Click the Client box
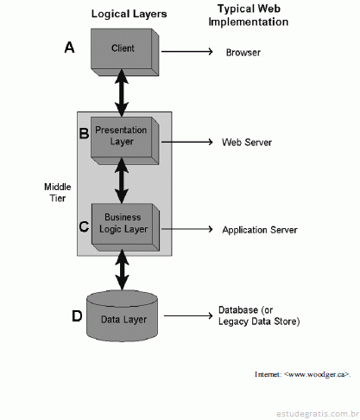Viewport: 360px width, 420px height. [x=125, y=52]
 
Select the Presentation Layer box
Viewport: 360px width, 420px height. [x=125, y=141]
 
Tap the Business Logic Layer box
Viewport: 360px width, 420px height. [x=125, y=227]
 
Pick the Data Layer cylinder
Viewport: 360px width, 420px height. [x=123, y=316]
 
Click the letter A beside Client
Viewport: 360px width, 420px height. [x=69, y=48]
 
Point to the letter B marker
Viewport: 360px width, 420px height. [x=84, y=133]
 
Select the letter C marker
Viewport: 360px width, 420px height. [x=84, y=226]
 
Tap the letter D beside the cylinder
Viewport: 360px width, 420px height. [x=77, y=316]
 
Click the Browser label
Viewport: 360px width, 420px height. [x=243, y=53]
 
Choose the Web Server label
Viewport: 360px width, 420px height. [x=247, y=143]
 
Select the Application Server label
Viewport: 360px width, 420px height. [x=260, y=230]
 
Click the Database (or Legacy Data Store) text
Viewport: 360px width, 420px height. [x=259, y=315]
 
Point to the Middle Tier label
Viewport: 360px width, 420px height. [x=58, y=193]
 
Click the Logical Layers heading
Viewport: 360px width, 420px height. [x=129, y=14]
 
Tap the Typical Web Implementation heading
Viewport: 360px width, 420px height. [x=249, y=16]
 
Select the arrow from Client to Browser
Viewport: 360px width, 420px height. [x=187, y=52]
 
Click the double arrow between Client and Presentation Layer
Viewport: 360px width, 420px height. [x=122, y=92]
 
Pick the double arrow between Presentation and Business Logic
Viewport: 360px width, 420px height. [x=122, y=181]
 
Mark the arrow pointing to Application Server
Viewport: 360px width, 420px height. [x=187, y=229]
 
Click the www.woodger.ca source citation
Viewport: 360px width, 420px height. [x=302, y=374]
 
